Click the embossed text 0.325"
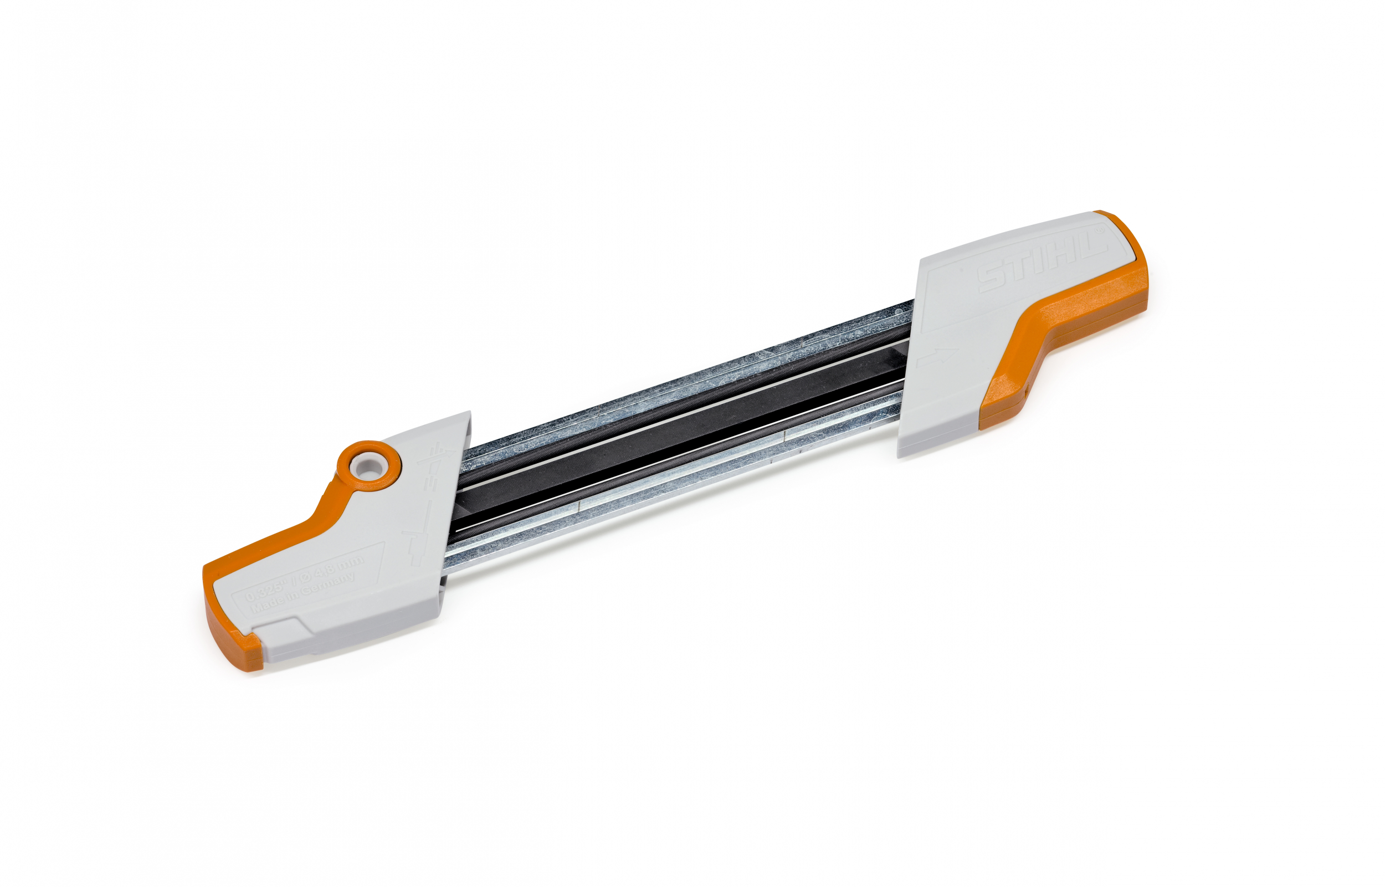(265, 591)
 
